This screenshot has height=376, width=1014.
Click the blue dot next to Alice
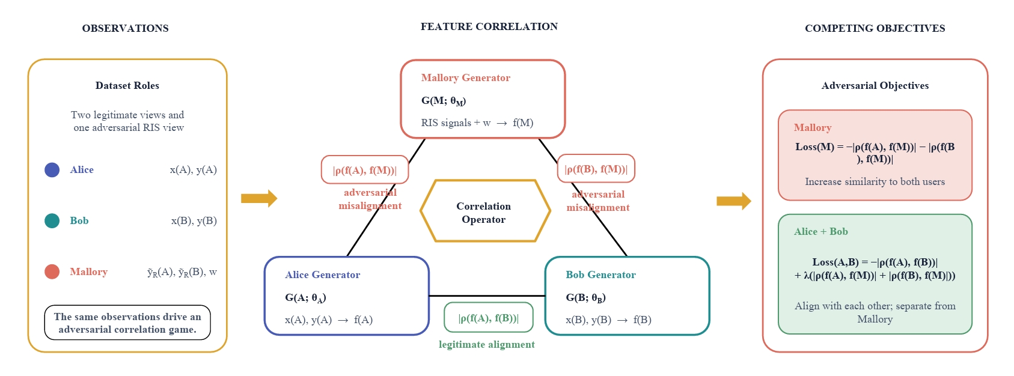52,169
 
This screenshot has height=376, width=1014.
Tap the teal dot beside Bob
52,221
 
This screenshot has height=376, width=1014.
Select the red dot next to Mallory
52,272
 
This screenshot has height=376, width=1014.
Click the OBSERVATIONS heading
126,28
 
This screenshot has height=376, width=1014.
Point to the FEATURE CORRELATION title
489,26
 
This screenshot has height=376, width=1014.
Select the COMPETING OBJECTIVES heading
875,28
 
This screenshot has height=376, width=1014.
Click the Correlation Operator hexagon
485,211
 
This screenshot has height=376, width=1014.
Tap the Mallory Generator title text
465,78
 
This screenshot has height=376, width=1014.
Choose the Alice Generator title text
322,274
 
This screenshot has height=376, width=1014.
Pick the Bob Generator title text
600,274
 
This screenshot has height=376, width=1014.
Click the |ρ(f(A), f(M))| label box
365,169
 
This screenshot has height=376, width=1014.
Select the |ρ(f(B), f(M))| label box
596,169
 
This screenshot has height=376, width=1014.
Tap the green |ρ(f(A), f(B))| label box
489,318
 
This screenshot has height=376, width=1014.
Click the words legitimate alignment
487,345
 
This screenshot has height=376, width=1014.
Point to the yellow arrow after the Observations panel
259,198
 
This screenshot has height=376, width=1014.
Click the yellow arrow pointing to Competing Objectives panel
734,201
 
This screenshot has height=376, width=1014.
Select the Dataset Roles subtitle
127,85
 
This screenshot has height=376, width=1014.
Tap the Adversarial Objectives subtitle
875,85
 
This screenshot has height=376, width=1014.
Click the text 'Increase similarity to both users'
875,182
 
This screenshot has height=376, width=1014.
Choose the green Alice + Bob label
820,232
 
